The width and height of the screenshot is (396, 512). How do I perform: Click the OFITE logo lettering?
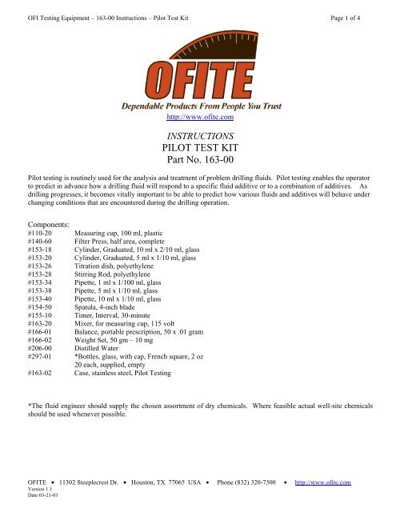198,75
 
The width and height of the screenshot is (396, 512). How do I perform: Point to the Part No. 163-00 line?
198,168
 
